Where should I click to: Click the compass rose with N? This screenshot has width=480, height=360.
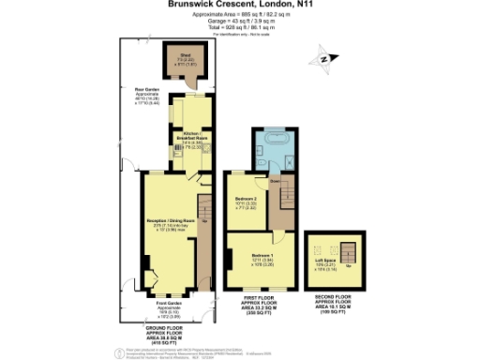coord(322,61)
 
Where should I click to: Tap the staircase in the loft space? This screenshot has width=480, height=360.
coord(349,250)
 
